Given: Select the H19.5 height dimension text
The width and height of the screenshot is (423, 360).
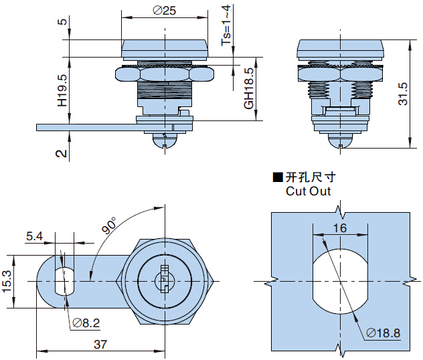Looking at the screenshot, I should tap(62, 92).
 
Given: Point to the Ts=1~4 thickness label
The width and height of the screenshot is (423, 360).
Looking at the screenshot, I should tap(227, 25).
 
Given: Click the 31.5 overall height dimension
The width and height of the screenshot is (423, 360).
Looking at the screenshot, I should tap(403, 94).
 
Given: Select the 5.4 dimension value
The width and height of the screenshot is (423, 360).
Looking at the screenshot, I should tap(34, 236).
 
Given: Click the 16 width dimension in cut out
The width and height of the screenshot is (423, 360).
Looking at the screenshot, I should tap(340, 228).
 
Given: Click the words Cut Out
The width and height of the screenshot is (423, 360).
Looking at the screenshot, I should tap(308, 191).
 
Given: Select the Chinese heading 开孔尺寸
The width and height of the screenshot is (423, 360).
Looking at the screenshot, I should tap(310, 177).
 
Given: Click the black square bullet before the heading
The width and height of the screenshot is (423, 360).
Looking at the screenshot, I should tap(277, 178).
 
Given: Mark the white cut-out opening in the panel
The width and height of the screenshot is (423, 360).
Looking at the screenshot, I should tap(340, 281).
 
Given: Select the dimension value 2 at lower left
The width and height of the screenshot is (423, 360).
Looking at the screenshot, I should tap(62, 153).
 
